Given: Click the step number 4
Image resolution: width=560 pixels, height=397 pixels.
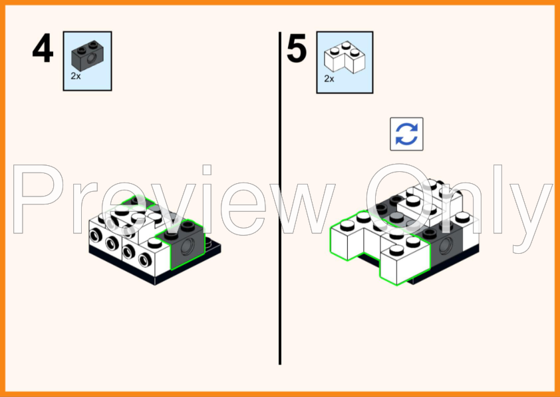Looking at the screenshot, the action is click(x=43, y=48).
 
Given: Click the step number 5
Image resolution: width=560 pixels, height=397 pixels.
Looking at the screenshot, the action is click(x=297, y=48).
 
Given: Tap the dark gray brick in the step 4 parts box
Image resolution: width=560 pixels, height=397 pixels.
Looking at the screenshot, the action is click(x=88, y=56).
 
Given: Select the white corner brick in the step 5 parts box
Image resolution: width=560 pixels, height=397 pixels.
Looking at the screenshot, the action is click(x=345, y=57).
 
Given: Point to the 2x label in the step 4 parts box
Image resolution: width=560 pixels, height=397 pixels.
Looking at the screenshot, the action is click(x=76, y=76).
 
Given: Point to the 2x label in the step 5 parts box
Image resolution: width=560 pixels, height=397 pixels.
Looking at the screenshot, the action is click(x=329, y=79).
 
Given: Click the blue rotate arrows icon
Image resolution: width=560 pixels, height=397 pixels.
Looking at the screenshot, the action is click(x=406, y=134).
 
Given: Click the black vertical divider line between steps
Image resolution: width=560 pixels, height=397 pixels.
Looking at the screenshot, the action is click(x=280, y=198).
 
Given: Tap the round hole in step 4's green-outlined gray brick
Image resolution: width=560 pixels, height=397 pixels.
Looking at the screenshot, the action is click(x=188, y=246).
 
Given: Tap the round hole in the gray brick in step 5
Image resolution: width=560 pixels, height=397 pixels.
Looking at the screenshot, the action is click(x=446, y=246).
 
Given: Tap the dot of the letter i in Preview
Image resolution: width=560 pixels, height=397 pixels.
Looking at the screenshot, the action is click(x=207, y=170).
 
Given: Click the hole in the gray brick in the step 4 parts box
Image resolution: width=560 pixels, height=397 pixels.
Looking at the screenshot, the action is click(x=92, y=59).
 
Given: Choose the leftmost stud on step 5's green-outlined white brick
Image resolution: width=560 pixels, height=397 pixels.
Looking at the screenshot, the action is click(x=347, y=225).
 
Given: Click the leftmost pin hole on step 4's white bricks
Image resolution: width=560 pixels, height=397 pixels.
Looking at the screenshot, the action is click(x=96, y=236).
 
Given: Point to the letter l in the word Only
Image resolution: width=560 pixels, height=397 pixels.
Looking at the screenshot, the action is click(x=498, y=199).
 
